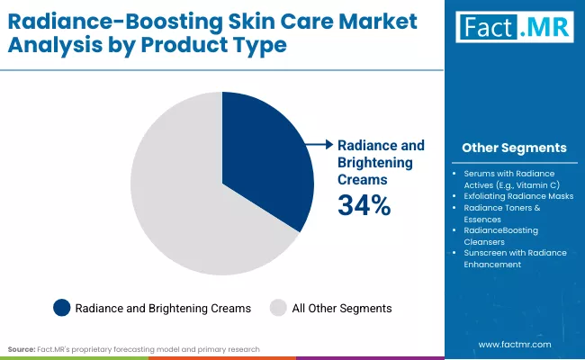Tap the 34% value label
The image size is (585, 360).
pyautogui.click(x=364, y=205)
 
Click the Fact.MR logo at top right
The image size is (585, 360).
pyautogui.click(x=513, y=27)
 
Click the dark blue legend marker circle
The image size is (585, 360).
pyautogui.click(x=61, y=308)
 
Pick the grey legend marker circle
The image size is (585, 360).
pyautogui.click(x=277, y=308)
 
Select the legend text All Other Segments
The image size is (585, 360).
pyautogui.click(x=342, y=308)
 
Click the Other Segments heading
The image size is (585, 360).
pyautogui.click(x=514, y=148)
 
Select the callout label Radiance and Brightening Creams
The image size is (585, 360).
pyautogui.click(x=380, y=162)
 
